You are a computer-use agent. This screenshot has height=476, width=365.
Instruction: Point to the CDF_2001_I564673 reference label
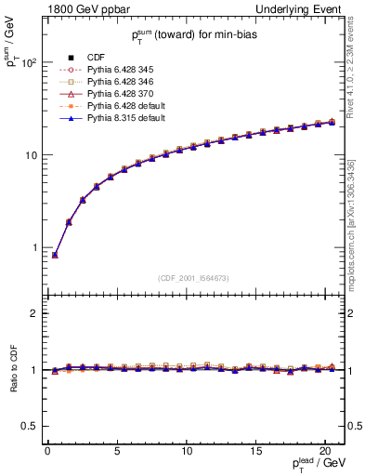[x=194, y=278]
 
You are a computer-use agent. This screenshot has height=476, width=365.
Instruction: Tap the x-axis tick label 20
[x=324, y=452]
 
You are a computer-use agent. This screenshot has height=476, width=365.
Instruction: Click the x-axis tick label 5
[x=116, y=452]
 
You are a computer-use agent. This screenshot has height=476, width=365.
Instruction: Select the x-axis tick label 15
[x=254, y=452]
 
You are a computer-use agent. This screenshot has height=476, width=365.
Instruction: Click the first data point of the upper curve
[x=55, y=255]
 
